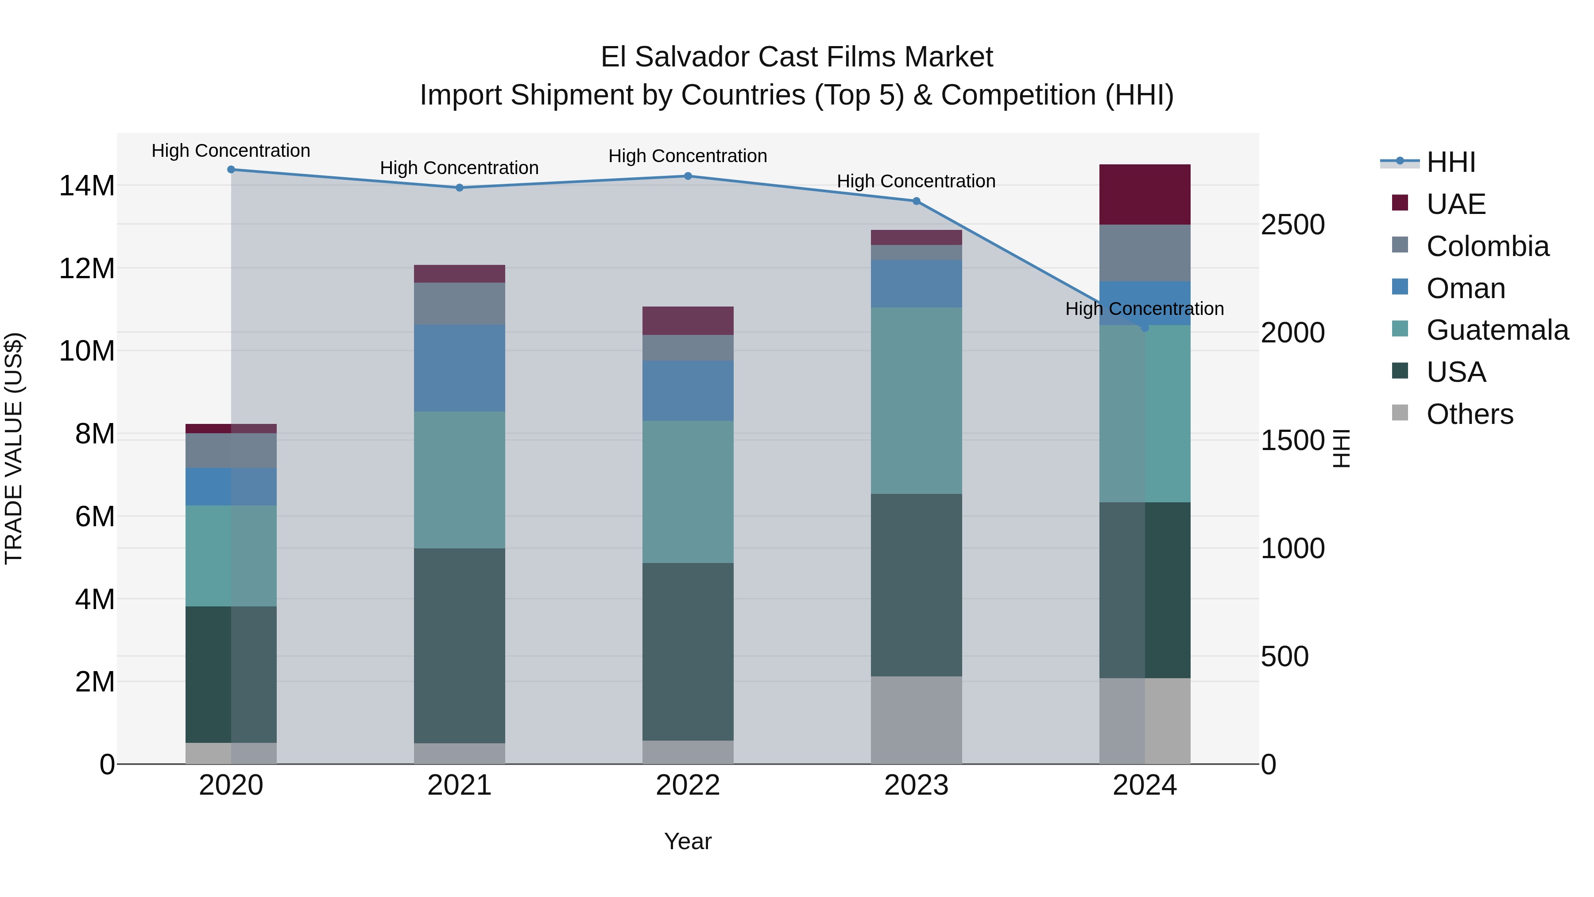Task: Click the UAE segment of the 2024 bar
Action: click(x=1144, y=194)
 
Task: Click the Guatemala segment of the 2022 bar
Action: click(x=688, y=492)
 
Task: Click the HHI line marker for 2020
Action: click(x=231, y=169)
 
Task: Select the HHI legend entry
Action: click(x=1451, y=162)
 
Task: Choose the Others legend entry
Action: click(x=1469, y=414)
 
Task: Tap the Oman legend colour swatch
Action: click(x=1400, y=287)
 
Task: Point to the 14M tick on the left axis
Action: click(x=87, y=186)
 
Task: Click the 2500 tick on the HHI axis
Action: click(x=1292, y=225)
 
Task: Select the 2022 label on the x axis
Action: click(x=688, y=785)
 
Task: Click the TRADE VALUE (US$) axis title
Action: click(x=14, y=448)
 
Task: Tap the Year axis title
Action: click(x=688, y=841)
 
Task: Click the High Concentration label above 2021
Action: click(x=459, y=168)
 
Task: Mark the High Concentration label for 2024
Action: click(x=1144, y=308)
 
